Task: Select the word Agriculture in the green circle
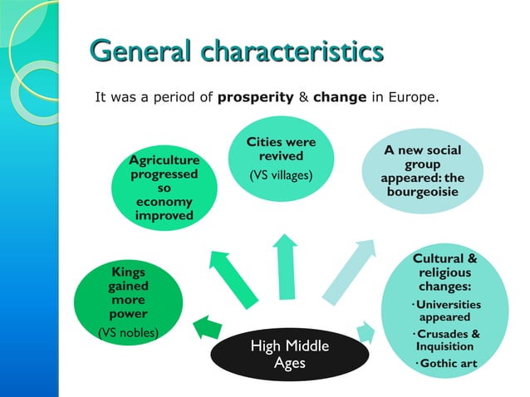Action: (x=164, y=159)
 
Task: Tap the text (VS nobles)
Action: (x=128, y=333)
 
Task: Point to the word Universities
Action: (x=448, y=304)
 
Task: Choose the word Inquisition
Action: (x=445, y=346)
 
